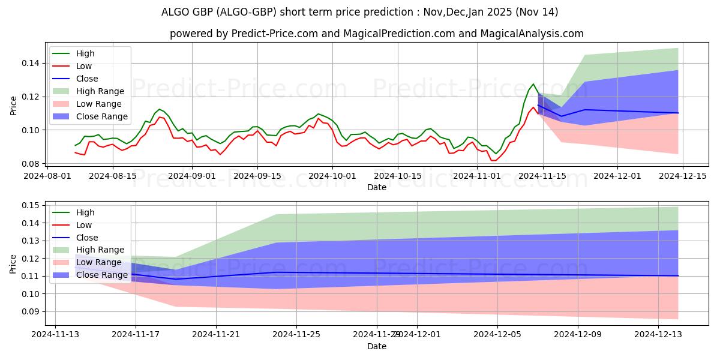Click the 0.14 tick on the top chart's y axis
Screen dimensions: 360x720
[31, 63]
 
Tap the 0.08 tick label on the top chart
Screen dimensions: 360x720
[31, 164]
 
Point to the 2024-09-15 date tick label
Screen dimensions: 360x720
[257, 175]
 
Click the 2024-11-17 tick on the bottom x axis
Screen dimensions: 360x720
[136, 335]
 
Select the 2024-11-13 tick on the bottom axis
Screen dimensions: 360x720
[55, 335]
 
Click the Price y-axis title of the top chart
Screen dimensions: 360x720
[14, 105]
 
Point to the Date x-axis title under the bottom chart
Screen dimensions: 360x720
[377, 347]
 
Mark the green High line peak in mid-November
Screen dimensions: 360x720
[533, 84]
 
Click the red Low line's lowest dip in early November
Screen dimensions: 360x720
[494, 160]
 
